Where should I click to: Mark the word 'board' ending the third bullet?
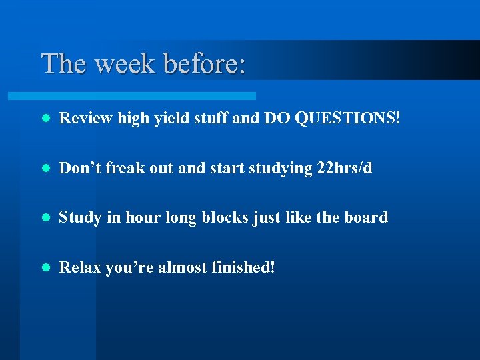click(367, 217)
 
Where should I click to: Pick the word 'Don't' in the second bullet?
click(79, 168)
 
